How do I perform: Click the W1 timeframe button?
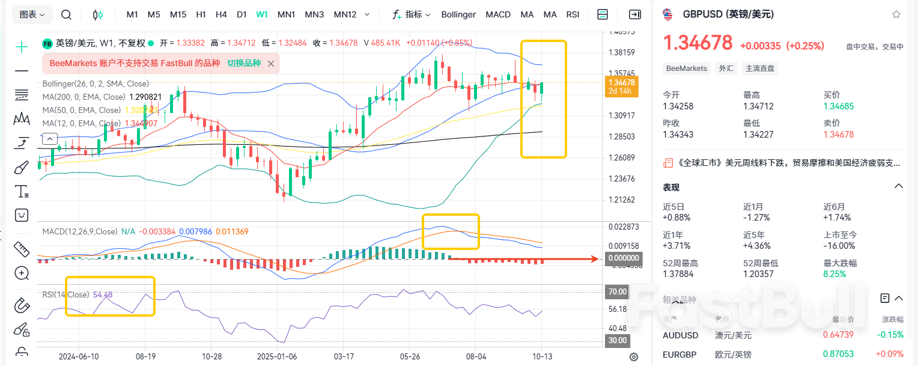tap(262, 14)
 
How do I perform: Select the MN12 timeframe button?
tap(345, 14)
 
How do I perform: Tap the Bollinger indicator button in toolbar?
tap(458, 14)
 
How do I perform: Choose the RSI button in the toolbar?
tap(573, 14)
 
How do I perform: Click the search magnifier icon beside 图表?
tap(67, 14)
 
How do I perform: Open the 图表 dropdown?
tap(32, 14)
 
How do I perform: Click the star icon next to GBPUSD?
tap(896, 14)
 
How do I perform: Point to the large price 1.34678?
tap(698, 43)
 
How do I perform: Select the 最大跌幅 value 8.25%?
tap(834, 274)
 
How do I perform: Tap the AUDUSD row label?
tap(681, 335)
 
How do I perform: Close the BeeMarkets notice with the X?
tap(271, 63)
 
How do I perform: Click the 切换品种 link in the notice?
tap(244, 63)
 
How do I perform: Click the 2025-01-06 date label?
tap(277, 356)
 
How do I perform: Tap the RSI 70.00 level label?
tap(618, 292)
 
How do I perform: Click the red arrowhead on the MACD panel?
tap(595, 259)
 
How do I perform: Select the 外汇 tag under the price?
tap(726, 69)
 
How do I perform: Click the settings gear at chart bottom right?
tap(634, 357)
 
